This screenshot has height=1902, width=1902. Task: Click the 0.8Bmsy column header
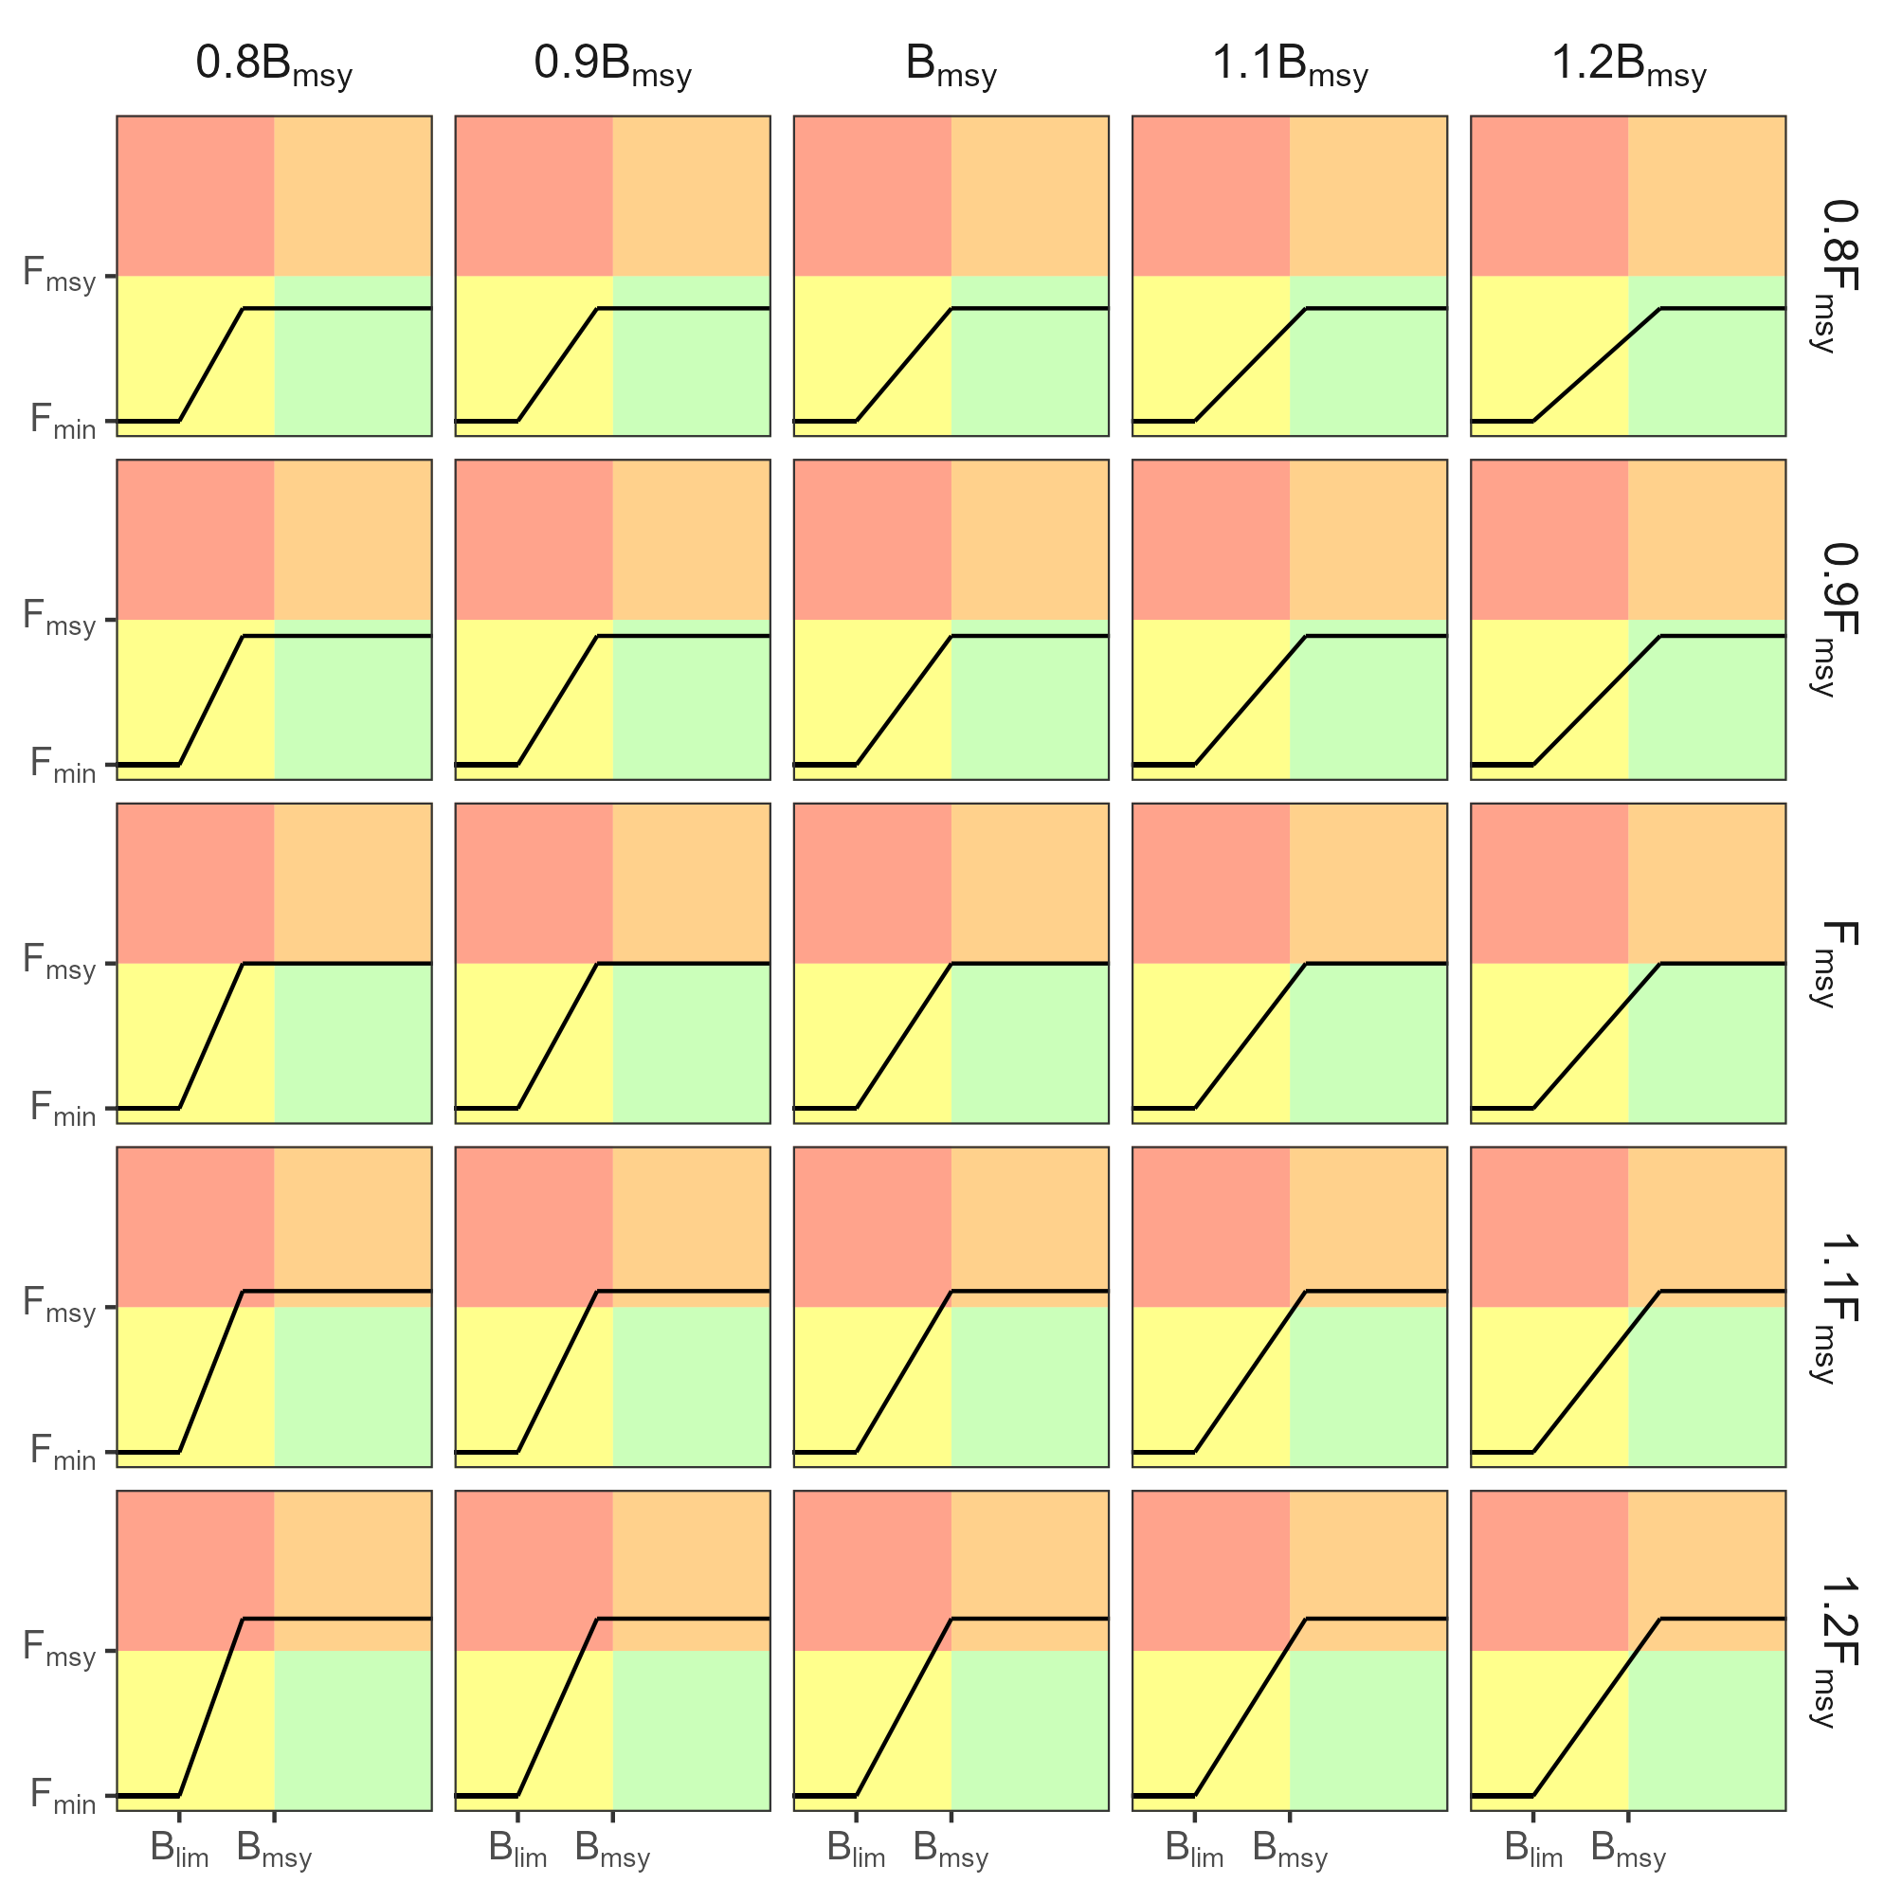(x=274, y=65)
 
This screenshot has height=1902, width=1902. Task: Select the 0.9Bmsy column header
(x=612, y=65)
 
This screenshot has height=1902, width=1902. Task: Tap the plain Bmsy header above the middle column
(x=951, y=65)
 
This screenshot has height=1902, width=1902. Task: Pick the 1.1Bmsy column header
(x=1290, y=65)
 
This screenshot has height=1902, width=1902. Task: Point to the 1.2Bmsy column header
(x=1628, y=65)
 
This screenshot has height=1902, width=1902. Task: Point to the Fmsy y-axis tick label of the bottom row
(x=59, y=1650)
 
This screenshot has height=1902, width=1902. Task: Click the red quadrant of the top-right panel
(x=1549, y=196)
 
